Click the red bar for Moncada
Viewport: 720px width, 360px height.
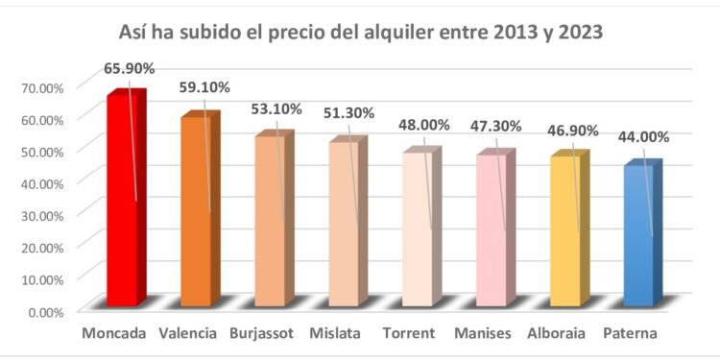[x=123, y=202]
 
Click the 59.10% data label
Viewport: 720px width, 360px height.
[x=204, y=87]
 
